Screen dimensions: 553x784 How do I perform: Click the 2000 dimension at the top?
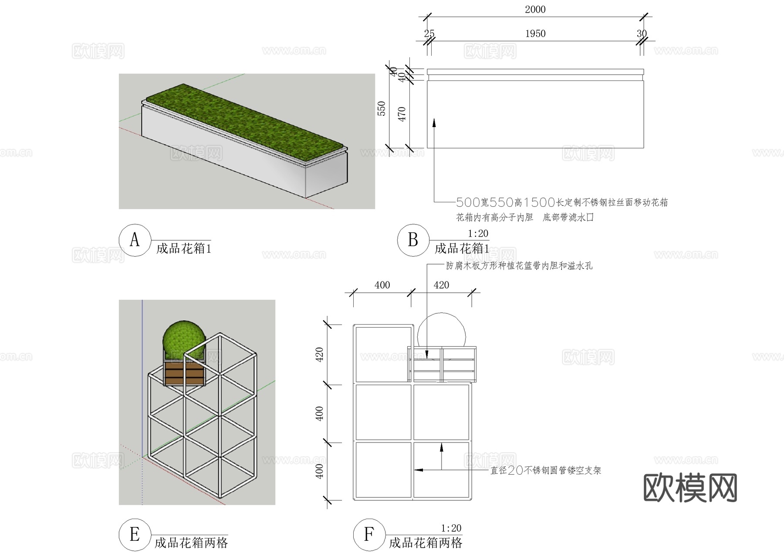pyautogui.click(x=535, y=10)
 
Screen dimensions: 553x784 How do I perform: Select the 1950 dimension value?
pyautogui.click(x=535, y=34)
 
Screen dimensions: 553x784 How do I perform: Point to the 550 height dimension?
pyautogui.click(x=382, y=108)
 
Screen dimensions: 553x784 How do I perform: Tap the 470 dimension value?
pyautogui.click(x=402, y=114)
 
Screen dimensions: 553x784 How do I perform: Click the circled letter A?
pyautogui.click(x=135, y=240)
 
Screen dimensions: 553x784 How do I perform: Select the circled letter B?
pyautogui.click(x=413, y=240)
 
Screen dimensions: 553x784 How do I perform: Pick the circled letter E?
pyautogui.click(x=135, y=534)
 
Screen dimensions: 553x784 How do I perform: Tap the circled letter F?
pyautogui.click(x=369, y=534)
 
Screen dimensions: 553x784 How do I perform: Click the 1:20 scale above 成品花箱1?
pyautogui.click(x=478, y=234)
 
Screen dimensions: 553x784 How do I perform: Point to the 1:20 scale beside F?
pyautogui.click(x=451, y=528)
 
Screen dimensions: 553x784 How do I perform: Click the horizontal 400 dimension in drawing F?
pyautogui.click(x=382, y=285)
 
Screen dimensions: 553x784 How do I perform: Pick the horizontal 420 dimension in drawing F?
pyautogui.click(x=441, y=285)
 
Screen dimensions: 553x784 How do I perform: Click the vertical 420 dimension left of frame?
pyautogui.click(x=320, y=355)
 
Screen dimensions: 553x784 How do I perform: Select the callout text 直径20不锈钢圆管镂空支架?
pyautogui.click(x=546, y=470)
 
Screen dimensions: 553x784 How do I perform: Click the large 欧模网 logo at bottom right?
pyautogui.click(x=690, y=488)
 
